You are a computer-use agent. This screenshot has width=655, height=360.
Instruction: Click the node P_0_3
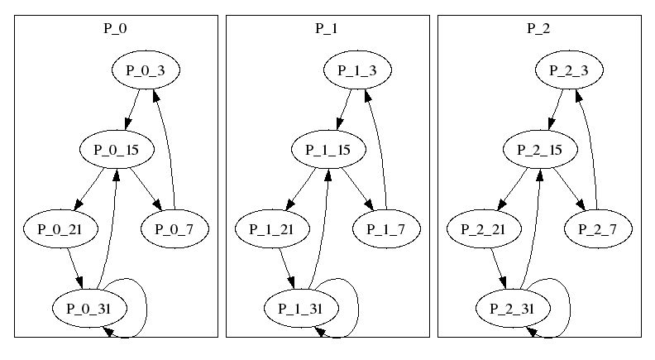(146, 70)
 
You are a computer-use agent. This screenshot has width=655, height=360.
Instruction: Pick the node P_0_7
(175, 229)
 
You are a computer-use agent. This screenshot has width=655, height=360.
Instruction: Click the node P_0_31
(88, 309)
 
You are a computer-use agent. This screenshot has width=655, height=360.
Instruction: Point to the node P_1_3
(357, 70)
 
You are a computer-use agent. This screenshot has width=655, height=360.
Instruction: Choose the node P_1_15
(327, 150)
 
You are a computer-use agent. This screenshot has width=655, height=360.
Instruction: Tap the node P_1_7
(386, 229)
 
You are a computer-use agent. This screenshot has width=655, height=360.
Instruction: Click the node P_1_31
(300, 309)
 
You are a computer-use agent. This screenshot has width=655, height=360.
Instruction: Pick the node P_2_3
(569, 70)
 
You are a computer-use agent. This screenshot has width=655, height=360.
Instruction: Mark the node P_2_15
(538, 150)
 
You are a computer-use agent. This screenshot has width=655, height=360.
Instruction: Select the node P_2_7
(598, 229)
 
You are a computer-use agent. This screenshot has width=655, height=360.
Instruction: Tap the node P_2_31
(512, 309)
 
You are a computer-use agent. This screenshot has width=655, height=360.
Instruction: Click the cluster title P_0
(115, 28)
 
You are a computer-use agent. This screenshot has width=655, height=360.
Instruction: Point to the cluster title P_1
(327, 28)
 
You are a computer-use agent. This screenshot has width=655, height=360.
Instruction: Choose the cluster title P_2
(538, 28)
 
